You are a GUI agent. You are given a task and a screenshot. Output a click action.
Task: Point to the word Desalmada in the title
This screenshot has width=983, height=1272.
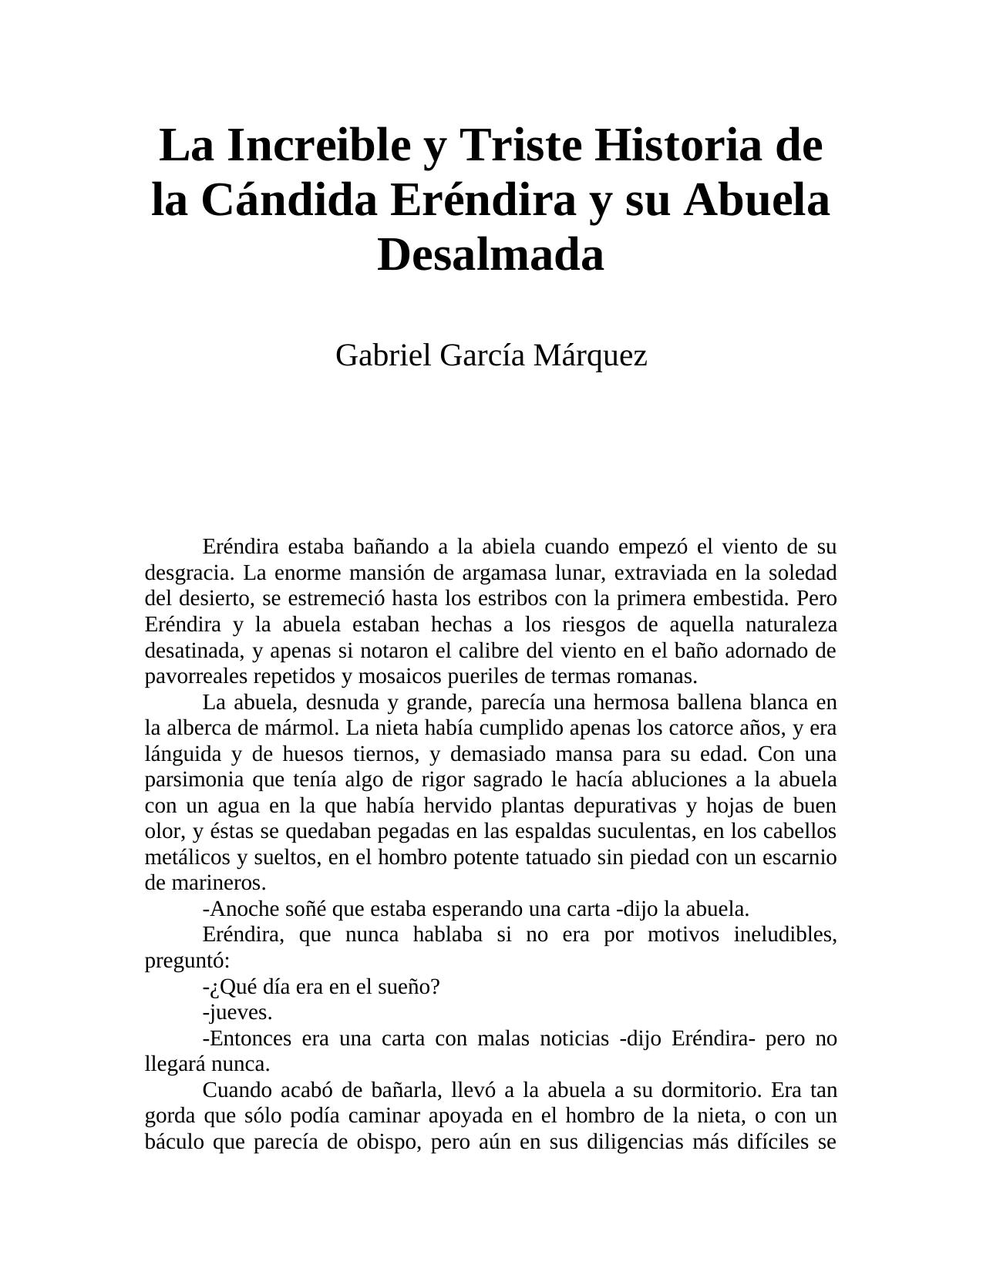490,254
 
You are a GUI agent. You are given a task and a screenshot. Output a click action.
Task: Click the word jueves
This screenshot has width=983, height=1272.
239,1012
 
